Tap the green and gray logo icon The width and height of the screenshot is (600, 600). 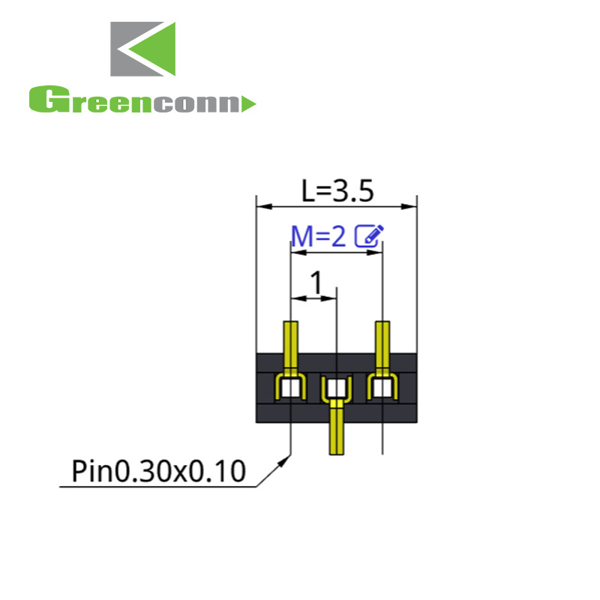tap(143, 49)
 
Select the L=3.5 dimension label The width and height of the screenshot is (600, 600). tap(337, 191)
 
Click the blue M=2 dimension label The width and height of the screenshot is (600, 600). tap(319, 237)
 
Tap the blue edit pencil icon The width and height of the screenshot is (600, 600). tap(368, 236)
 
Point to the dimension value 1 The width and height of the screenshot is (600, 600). tap(316, 283)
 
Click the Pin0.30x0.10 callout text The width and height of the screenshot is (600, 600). tap(158, 472)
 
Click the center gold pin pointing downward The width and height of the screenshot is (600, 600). tap(337, 431)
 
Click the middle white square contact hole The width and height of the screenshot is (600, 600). tap(337, 388)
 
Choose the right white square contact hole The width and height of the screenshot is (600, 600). tap(382, 388)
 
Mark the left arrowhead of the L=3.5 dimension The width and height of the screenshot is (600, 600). tap(262, 205)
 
